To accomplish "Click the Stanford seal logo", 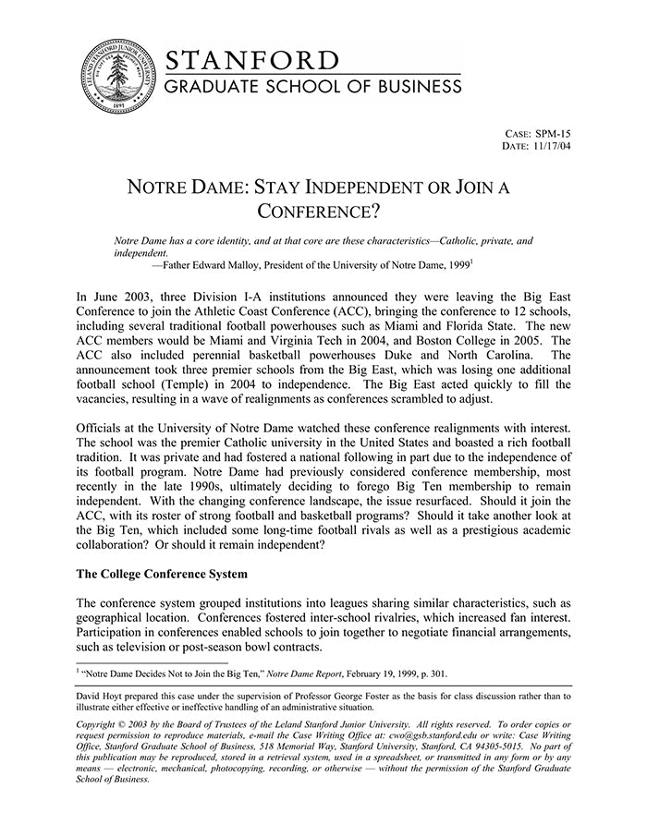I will click(x=116, y=78).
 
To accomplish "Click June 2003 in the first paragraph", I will click(x=115, y=297).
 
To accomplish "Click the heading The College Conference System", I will click(x=162, y=574).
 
